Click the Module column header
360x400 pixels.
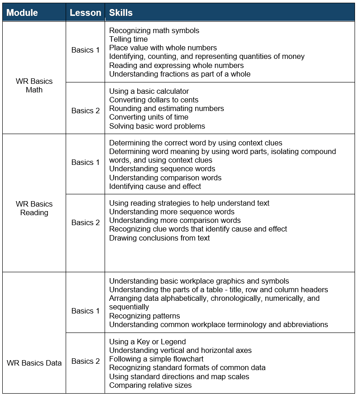[22, 13]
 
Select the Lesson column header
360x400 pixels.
[85, 13]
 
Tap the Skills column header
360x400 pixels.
[121, 13]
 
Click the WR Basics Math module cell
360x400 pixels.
[34, 86]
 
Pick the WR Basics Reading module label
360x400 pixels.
[34, 208]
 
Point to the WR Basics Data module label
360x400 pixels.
[34, 363]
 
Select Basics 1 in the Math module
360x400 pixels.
[85, 50]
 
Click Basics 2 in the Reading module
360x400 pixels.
[85, 222]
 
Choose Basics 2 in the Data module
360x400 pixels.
[85, 361]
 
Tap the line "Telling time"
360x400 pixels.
[128, 39]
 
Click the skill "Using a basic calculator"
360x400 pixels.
[149, 92]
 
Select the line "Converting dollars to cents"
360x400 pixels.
[154, 100]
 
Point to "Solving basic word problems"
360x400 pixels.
[157, 126]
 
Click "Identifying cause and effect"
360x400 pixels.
[155, 186]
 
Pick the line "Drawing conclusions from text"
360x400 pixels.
[159, 238]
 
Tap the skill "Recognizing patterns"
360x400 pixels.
[144, 316]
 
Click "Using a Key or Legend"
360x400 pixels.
[147, 342]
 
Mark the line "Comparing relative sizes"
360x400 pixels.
[150, 385]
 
